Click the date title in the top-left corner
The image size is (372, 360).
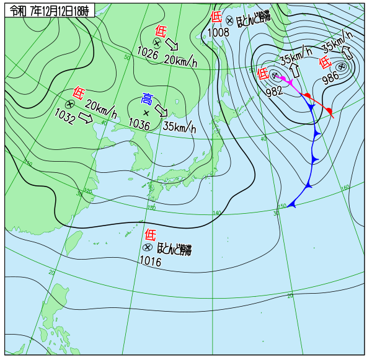click(x=50, y=11)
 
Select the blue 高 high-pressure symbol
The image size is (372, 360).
click(x=147, y=99)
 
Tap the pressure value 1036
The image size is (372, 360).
click(x=139, y=124)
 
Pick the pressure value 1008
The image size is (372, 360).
click(x=218, y=32)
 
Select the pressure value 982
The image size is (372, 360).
click(x=274, y=91)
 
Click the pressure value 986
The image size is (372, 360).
click(x=331, y=79)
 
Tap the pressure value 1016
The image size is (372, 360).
click(x=150, y=262)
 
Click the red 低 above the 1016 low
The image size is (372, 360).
click(x=151, y=234)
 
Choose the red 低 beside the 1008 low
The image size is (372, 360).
click(x=216, y=17)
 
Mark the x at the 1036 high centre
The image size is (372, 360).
click(x=146, y=113)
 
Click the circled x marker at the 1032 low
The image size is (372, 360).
click(x=69, y=103)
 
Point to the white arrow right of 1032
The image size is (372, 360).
click(x=86, y=116)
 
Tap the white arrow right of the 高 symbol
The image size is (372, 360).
click(x=161, y=110)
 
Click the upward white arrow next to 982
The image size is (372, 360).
click(x=295, y=69)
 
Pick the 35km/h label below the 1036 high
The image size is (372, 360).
click(x=179, y=127)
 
